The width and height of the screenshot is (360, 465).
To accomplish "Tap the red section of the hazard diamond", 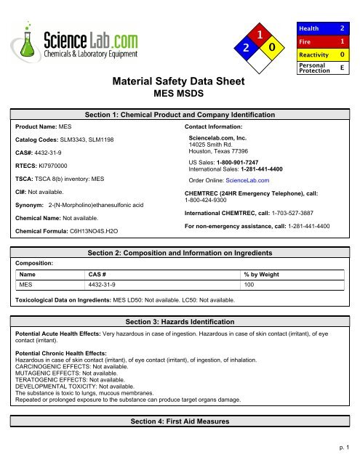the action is tap(258, 33).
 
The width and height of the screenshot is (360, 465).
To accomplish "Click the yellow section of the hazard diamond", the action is tap(271, 49).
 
